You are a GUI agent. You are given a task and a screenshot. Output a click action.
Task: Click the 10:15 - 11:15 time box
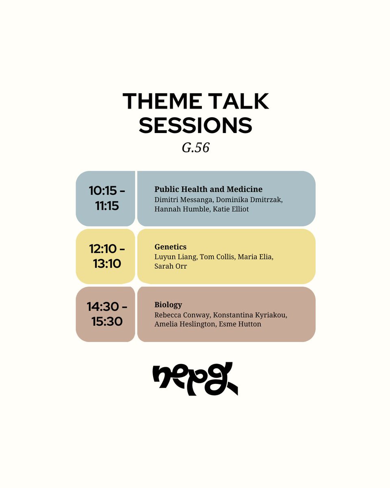(105, 198)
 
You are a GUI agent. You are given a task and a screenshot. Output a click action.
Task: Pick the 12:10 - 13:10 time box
(105, 256)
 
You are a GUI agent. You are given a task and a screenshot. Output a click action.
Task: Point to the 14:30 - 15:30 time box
(105, 314)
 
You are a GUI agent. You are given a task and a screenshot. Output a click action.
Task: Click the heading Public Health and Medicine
(208, 189)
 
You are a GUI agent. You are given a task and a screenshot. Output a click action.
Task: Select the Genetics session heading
(170, 247)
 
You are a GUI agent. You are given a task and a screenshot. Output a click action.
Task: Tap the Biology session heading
(168, 305)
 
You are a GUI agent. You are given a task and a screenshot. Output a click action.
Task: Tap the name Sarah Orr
(171, 267)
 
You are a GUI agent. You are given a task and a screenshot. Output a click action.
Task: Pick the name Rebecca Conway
(179, 315)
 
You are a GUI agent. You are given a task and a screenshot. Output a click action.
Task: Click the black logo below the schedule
(195, 379)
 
